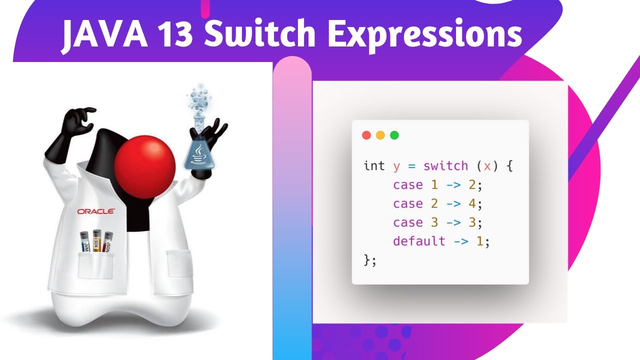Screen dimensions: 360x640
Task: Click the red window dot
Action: tap(366, 135)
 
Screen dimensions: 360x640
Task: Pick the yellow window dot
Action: tap(380, 135)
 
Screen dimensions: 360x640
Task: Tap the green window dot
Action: tap(394, 135)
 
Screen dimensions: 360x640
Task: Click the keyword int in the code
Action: tap(374, 166)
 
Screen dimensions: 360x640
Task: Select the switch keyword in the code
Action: tap(445, 166)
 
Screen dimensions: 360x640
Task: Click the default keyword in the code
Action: tap(419, 241)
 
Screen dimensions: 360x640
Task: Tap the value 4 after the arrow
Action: tap(473, 204)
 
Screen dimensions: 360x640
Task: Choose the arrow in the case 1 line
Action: tap(453, 185)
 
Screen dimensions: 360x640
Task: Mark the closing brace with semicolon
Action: tap(369, 260)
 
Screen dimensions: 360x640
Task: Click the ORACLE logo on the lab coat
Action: tap(96, 211)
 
